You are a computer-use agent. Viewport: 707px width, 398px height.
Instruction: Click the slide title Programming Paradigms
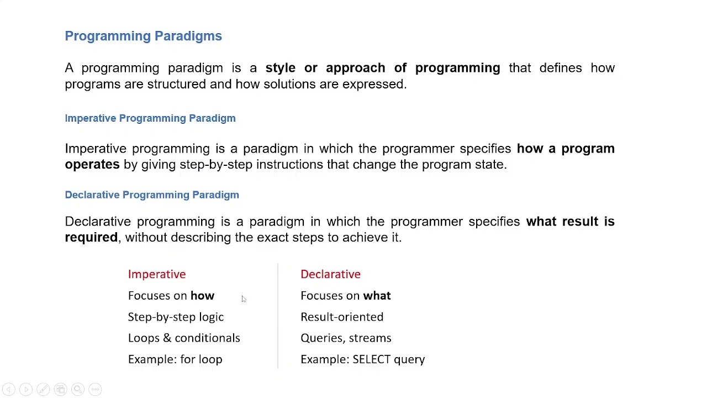[143, 36]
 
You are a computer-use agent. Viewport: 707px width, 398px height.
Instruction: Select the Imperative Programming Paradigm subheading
[150, 118]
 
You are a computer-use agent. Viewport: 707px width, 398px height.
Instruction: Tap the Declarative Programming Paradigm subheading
[152, 195]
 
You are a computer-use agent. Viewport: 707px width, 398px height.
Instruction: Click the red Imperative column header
[157, 274]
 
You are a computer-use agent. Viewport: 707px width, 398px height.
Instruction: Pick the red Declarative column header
[330, 274]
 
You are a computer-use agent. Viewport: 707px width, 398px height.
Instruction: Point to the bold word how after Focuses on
[202, 296]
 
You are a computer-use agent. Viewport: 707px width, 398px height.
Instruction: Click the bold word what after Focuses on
[377, 296]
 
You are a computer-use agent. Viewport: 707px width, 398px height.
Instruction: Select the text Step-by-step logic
[176, 317]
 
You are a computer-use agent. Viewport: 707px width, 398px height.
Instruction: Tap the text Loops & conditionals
[184, 338]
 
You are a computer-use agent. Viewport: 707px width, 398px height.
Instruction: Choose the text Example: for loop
[175, 359]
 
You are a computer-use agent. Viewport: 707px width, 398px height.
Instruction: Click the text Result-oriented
[342, 317]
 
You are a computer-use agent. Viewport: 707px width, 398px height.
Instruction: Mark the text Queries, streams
[346, 338]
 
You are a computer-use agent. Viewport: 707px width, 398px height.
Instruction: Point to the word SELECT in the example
[371, 359]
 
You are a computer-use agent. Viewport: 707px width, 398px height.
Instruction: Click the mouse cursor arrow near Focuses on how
[243, 298]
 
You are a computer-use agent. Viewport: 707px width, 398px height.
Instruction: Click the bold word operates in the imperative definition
[92, 165]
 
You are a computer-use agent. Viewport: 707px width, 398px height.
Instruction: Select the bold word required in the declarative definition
[91, 238]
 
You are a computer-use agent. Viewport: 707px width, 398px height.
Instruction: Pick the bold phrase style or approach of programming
[382, 68]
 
